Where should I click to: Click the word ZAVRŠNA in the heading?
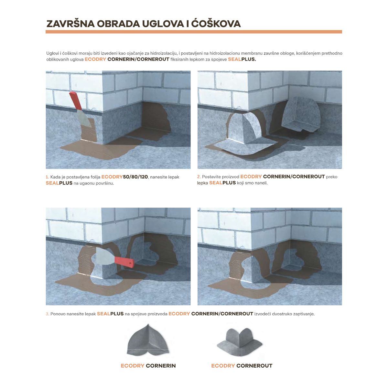point(70,24)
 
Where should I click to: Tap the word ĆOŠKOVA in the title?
point(216,23)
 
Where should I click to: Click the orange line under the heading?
point(194,32)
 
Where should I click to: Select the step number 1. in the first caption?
point(47,177)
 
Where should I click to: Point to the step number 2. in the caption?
point(199,177)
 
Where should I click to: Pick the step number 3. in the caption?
point(48,314)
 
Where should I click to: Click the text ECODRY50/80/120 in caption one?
point(124,177)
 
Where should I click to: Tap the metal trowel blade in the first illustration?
point(83,119)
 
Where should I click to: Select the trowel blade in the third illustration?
point(105,256)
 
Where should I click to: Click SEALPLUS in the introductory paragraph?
point(242,59)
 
